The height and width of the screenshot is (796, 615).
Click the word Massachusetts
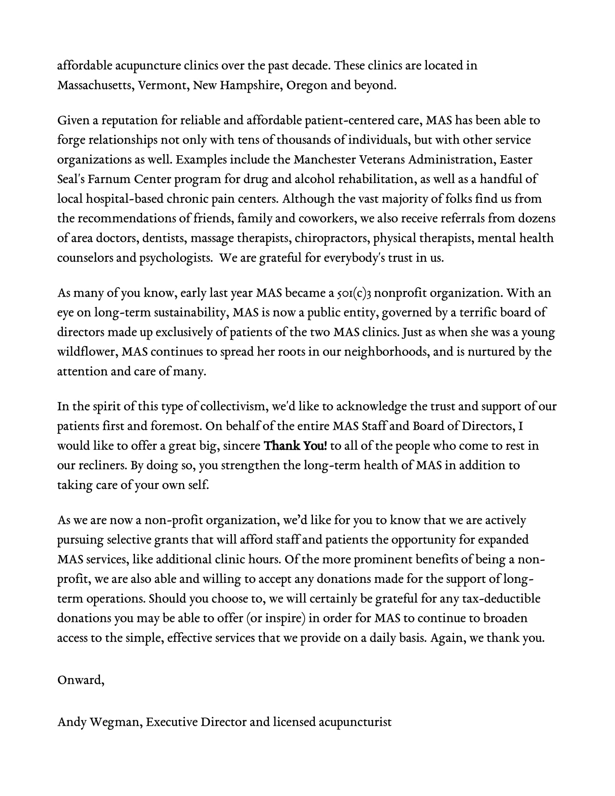(x=96, y=85)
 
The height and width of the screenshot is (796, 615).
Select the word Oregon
(x=307, y=85)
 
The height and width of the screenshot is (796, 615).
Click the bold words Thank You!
(x=295, y=446)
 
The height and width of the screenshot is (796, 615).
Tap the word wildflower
(x=88, y=352)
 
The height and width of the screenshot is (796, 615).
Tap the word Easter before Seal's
(x=516, y=160)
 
